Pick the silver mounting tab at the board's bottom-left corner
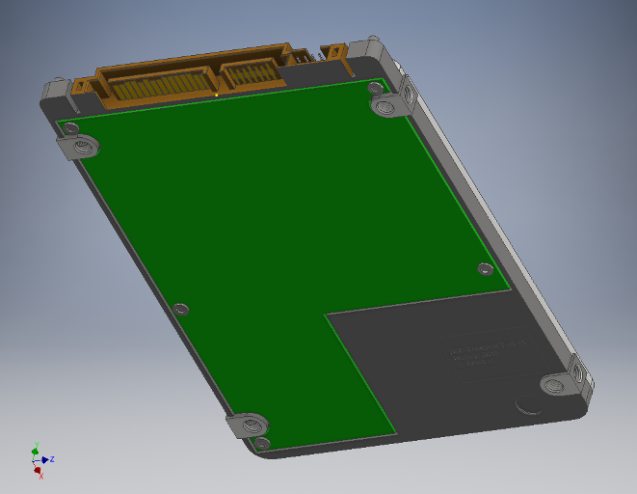coord(249,424)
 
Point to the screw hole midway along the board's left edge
coord(181,310)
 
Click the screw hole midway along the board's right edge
coord(485,268)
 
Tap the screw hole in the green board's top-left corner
coord(70,126)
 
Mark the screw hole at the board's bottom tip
coord(262,443)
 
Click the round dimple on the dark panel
coord(528,403)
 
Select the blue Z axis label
coord(51,459)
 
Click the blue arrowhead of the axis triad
coord(44,460)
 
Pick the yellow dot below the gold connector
coord(218,96)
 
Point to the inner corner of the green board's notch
coord(327,314)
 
